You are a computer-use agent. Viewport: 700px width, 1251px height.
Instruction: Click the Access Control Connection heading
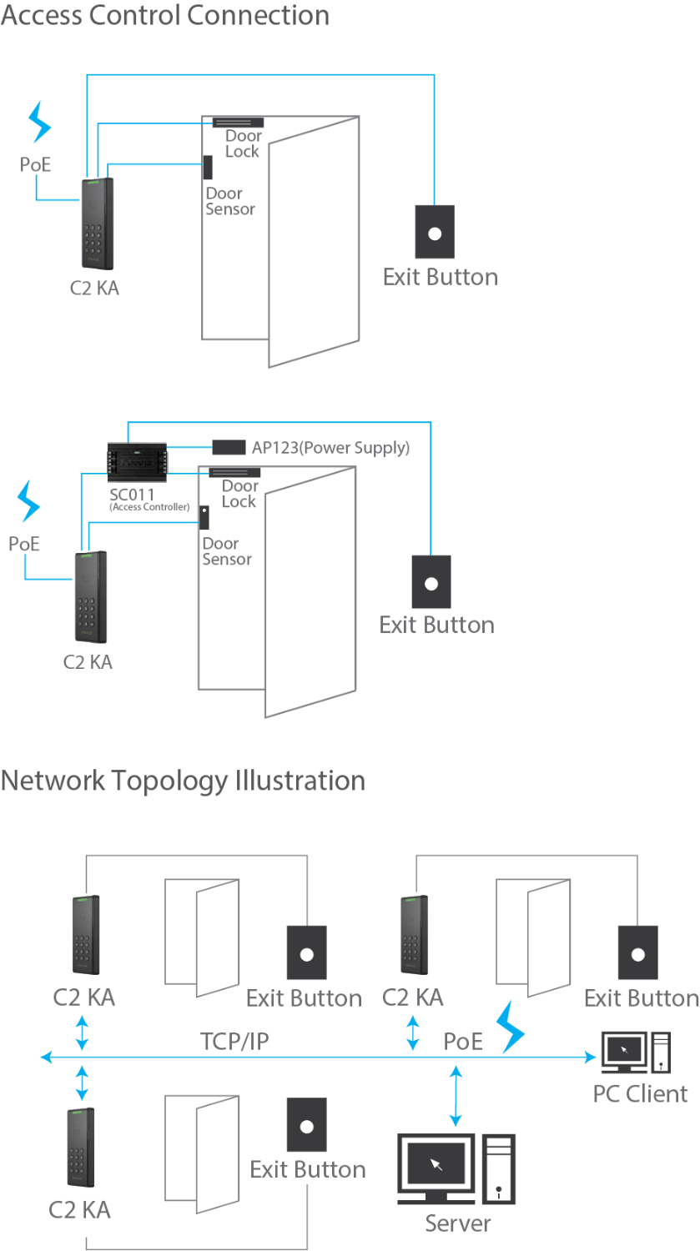click(164, 15)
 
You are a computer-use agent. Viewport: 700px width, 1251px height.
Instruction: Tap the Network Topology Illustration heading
click(183, 781)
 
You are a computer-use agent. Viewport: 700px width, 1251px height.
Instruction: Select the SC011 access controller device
click(137, 461)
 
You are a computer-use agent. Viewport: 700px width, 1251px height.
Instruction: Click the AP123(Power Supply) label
click(330, 448)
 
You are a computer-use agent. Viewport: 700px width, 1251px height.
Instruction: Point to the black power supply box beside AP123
click(229, 448)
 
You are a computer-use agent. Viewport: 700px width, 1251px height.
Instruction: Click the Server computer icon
click(456, 1168)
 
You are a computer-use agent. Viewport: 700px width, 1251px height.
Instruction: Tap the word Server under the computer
click(457, 1223)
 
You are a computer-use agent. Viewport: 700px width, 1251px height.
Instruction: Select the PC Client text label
click(640, 1093)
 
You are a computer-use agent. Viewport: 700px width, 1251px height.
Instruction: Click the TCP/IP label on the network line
click(234, 1041)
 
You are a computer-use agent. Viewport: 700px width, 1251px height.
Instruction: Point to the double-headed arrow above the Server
click(456, 1096)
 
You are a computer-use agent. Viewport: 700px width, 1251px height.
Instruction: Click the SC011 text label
click(131, 495)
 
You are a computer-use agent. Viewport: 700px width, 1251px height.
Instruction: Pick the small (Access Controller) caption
click(149, 507)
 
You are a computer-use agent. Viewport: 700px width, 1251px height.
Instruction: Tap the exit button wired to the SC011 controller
click(431, 582)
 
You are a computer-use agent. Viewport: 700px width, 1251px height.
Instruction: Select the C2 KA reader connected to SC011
click(90, 597)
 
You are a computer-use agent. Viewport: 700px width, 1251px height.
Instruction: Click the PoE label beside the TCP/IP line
click(463, 1041)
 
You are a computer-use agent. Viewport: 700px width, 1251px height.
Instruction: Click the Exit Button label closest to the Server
click(308, 1169)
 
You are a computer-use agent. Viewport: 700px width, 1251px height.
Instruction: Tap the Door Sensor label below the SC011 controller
click(226, 551)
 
